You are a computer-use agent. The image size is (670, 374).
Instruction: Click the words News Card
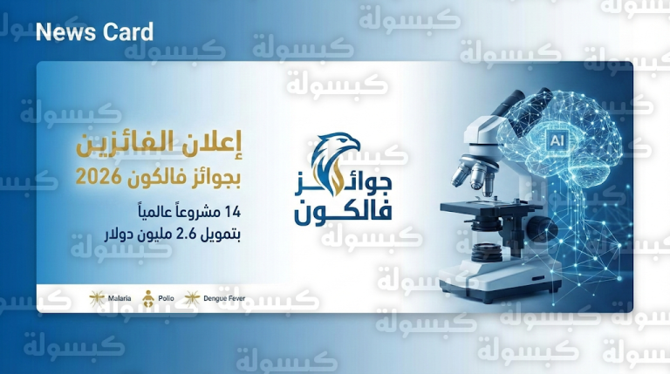(94, 33)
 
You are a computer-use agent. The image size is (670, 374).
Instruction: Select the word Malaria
(120, 298)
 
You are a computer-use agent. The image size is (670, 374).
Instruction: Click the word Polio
(166, 298)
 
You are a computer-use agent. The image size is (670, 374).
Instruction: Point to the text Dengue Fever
(224, 298)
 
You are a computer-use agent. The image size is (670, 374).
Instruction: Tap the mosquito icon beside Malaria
(97, 298)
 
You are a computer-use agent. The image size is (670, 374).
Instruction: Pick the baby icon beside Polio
(149, 297)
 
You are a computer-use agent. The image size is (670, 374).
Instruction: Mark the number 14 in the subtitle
(231, 212)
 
